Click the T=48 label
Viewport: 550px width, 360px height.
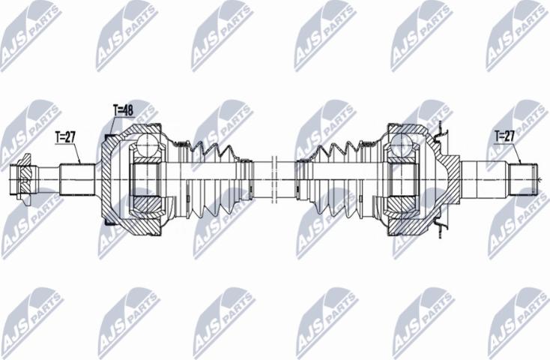pyautogui.click(x=123, y=109)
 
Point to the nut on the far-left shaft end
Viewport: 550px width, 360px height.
pyautogui.click(x=25, y=178)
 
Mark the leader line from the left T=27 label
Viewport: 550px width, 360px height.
pyautogui.click(x=77, y=153)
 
